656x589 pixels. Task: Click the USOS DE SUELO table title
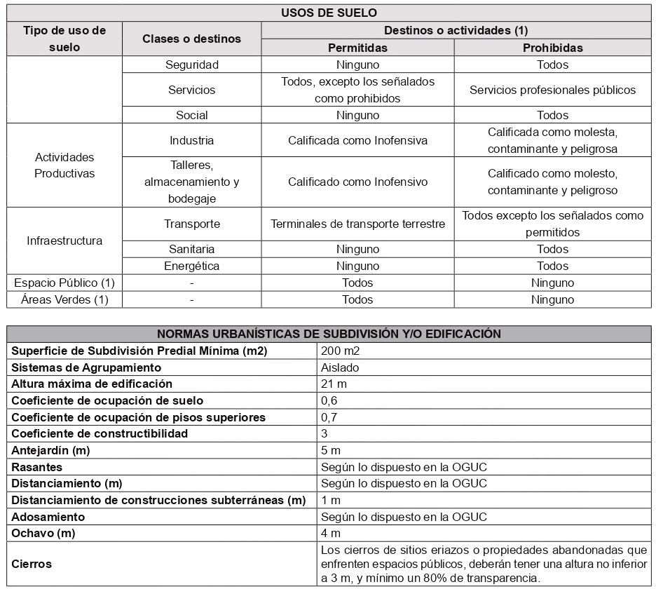(x=329, y=13)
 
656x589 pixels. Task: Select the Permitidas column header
(x=357, y=48)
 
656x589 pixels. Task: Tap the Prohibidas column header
(x=552, y=48)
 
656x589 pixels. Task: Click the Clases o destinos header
(x=191, y=39)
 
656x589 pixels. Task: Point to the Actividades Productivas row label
(x=64, y=165)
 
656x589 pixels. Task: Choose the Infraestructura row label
(x=64, y=241)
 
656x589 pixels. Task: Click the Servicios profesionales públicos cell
(x=552, y=90)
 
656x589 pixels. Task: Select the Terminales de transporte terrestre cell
(x=357, y=224)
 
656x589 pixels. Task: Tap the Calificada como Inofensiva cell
(x=357, y=140)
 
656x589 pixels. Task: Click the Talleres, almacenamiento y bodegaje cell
(x=191, y=182)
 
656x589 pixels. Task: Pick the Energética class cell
(x=191, y=266)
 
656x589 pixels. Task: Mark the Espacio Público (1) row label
(x=64, y=283)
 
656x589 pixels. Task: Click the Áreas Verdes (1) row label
(x=64, y=299)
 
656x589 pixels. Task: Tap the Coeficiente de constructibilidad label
(x=100, y=433)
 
